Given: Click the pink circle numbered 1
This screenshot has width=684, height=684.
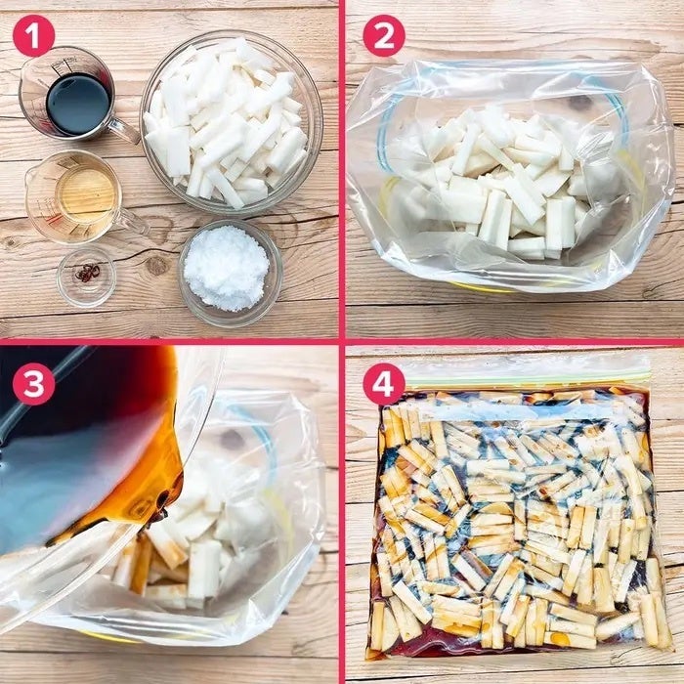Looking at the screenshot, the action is click(33, 36).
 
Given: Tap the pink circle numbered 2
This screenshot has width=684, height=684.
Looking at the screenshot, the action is click(384, 36).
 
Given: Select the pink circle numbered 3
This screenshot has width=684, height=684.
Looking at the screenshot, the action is click(33, 384).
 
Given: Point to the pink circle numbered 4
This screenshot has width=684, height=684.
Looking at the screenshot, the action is click(384, 384).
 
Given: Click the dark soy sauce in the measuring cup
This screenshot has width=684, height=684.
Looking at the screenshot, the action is click(78, 104).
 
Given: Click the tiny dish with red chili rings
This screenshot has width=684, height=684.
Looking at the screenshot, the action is click(86, 277).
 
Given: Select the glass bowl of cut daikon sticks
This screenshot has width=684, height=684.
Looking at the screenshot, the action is click(232, 123).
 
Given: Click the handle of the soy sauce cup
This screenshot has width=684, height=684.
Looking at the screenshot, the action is click(123, 130).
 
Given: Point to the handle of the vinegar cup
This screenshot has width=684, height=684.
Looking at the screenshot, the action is click(133, 221).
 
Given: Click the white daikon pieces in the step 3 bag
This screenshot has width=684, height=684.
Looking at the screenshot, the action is click(196, 536).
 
